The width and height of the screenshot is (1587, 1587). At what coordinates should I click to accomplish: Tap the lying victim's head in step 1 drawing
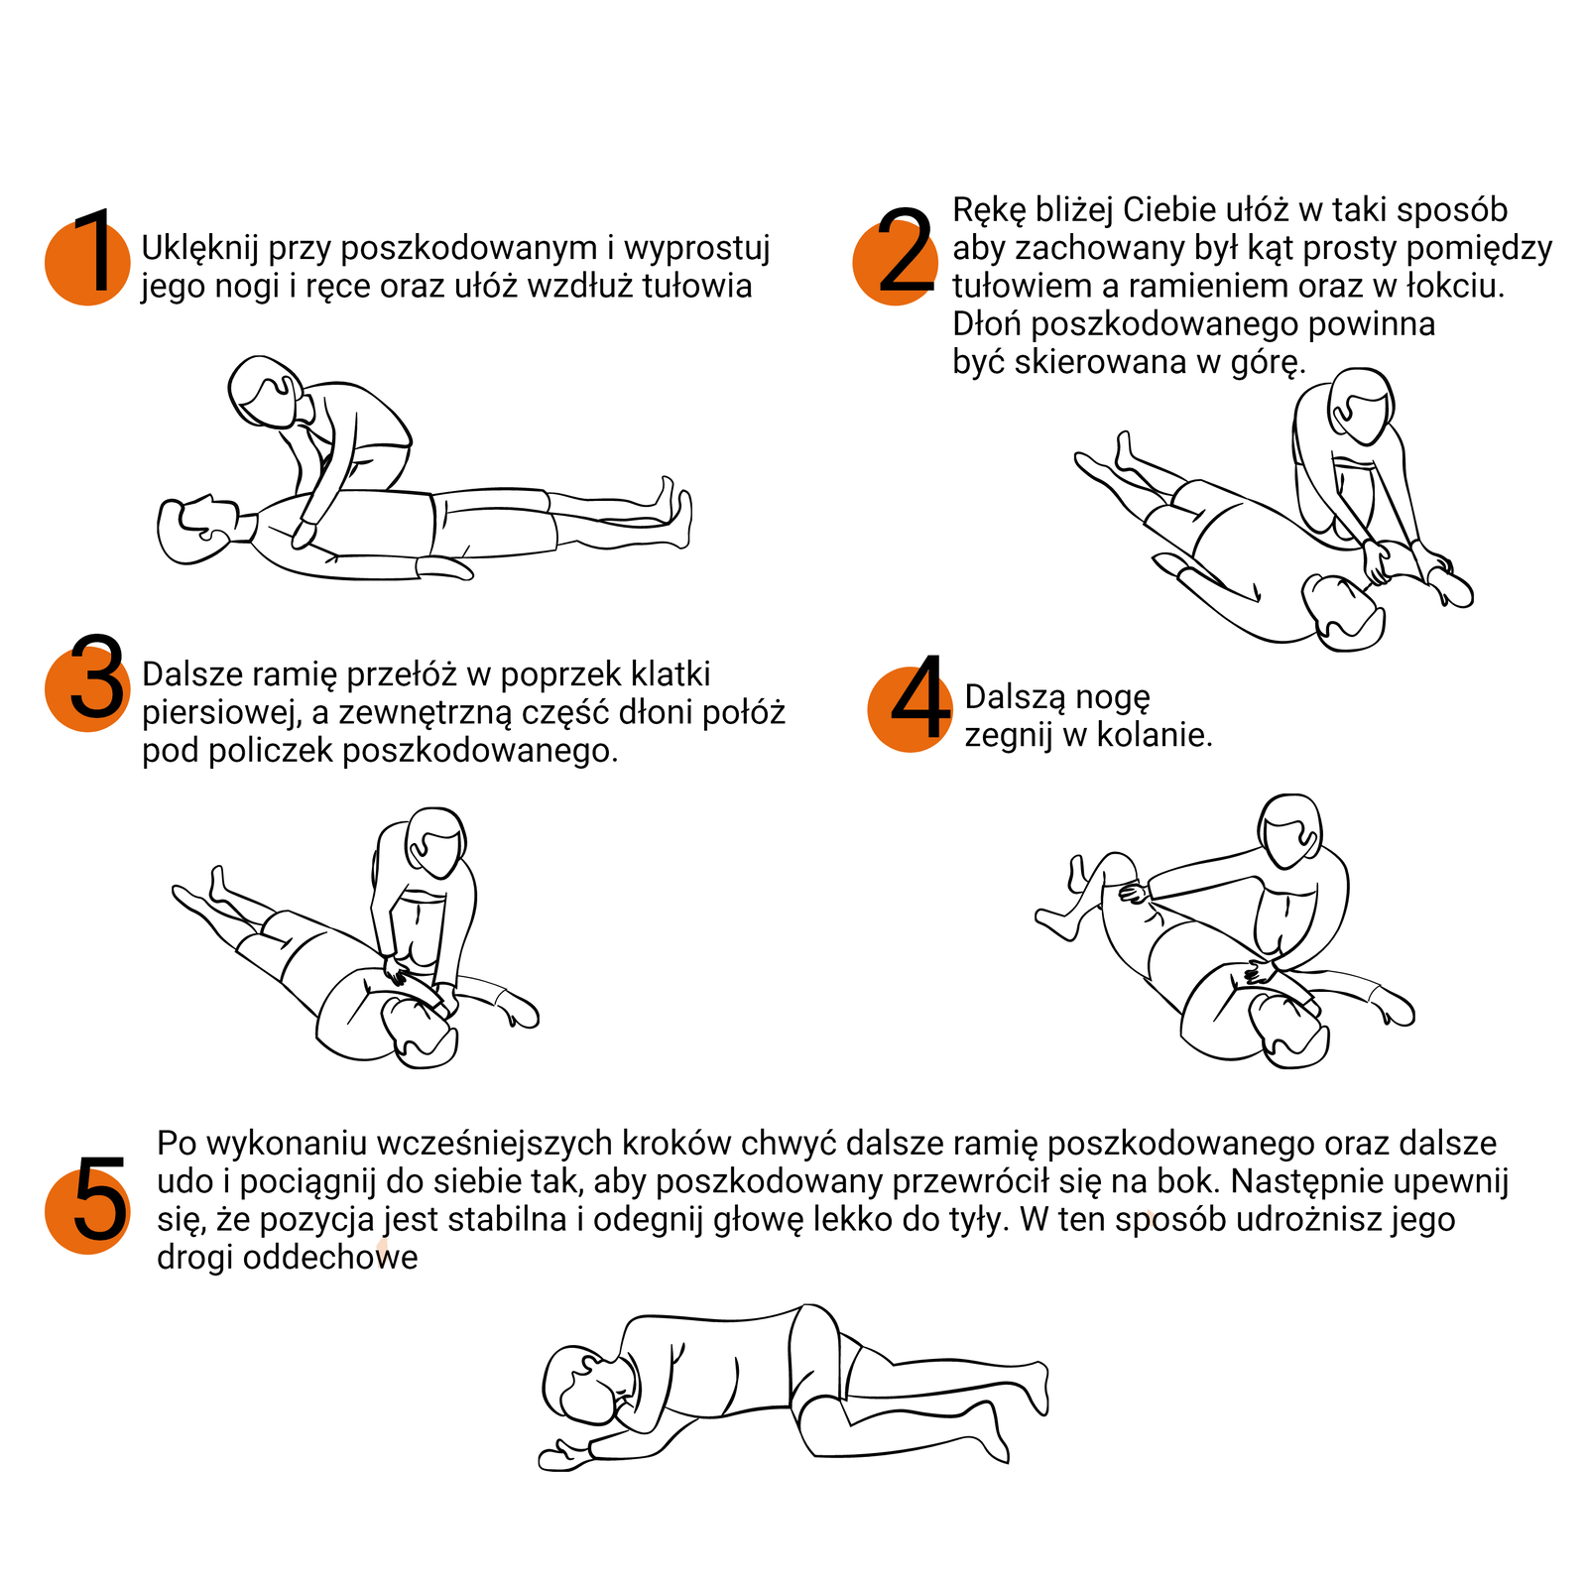199,529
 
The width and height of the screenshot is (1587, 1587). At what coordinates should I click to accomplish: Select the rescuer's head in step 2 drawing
1361,406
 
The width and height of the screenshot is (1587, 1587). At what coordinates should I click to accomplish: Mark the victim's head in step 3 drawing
422,1032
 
